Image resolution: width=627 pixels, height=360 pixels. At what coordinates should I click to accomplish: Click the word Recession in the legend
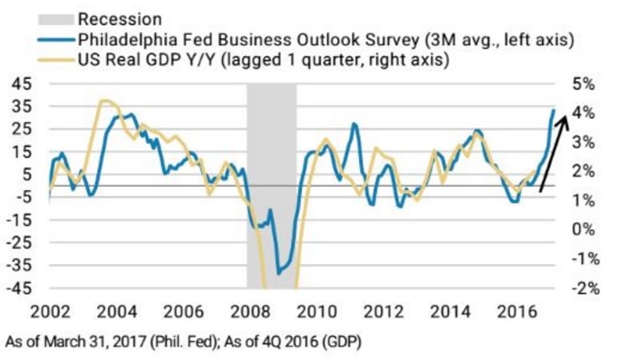127,18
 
